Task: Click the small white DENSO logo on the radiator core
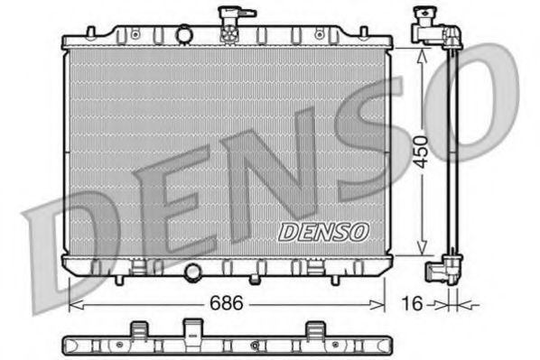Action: (x=323, y=232)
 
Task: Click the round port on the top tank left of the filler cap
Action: (x=184, y=35)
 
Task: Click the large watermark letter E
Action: (x=176, y=203)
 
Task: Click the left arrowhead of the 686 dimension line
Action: (x=73, y=304)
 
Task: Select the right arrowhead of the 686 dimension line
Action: (x=385, y=304)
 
